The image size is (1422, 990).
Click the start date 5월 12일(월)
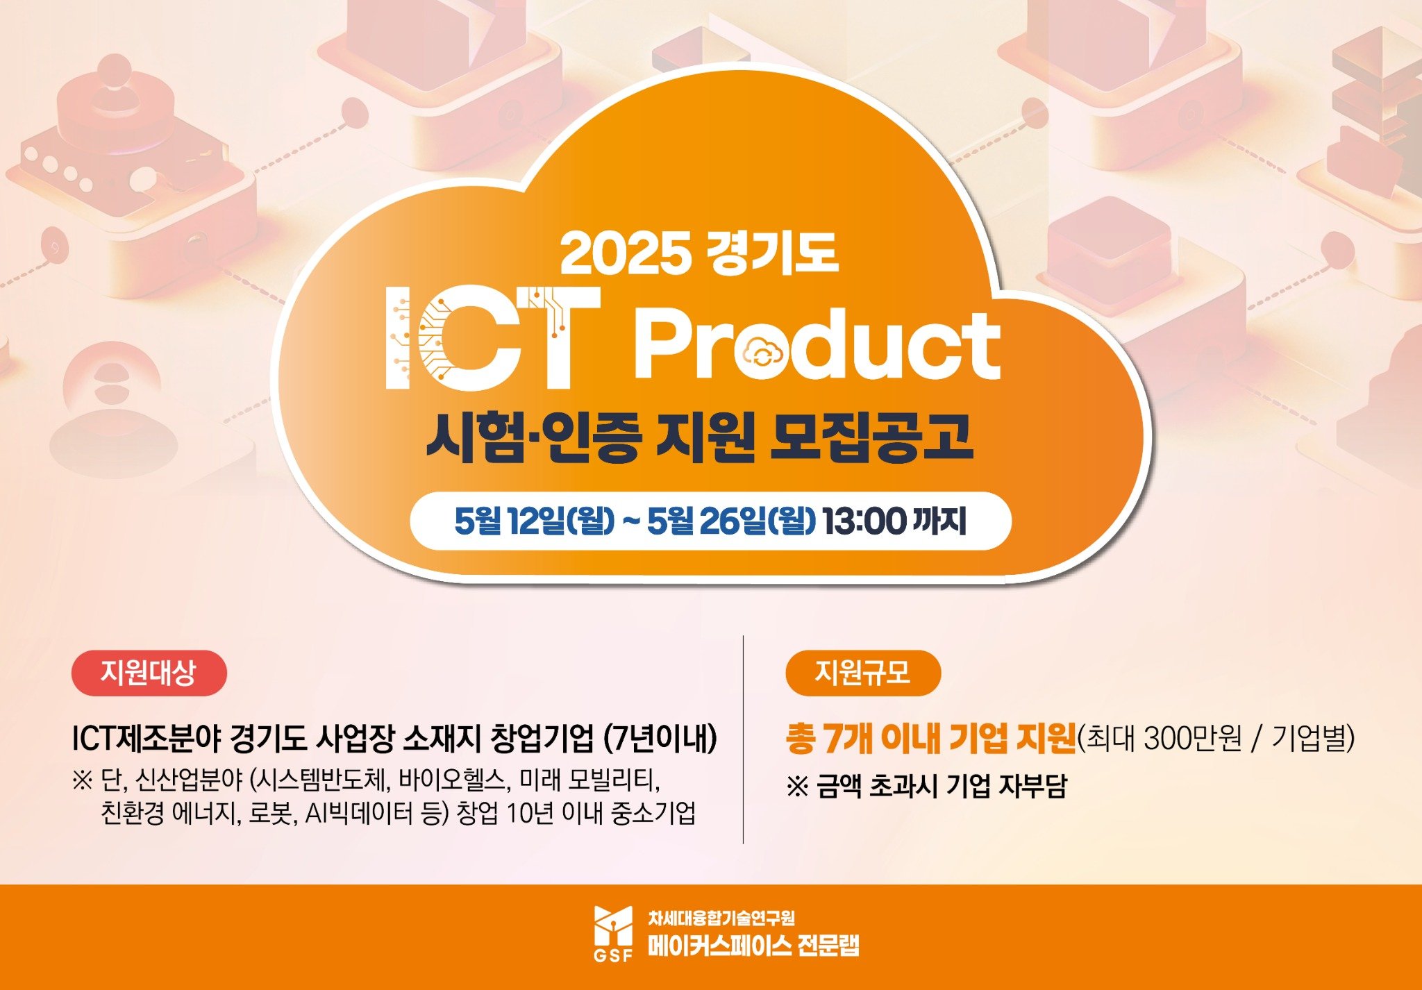coord(535,521)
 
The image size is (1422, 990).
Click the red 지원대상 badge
coord(149,673)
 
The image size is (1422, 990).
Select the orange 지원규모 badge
coord(863,673)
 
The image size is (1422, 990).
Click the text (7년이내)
coord(660,738)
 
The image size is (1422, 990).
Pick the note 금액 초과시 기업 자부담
coord(942,786)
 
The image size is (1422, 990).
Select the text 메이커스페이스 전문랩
coord(753,946)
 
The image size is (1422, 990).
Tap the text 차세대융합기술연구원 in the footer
coord(721,918)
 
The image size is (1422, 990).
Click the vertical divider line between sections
coord(743,739)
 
